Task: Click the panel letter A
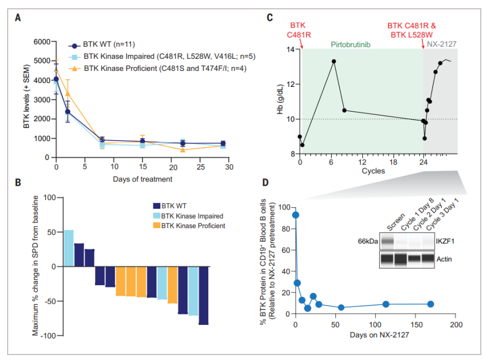pos(19,16)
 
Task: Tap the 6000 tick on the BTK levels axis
pos(41,42)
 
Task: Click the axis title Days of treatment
pos(143,179)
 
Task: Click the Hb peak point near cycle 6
pos(334,61)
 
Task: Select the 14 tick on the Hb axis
pos(290,49)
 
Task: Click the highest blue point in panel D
pos(296,215)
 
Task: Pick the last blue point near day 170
pos(430,304)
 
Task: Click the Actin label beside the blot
pos(445,258)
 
